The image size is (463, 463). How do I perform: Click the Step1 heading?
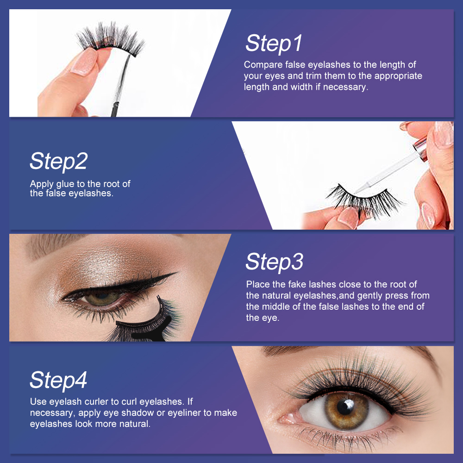[x=274, y=44]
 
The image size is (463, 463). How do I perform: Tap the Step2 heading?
[x=58, y=162]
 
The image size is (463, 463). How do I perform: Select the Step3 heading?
[x=274, y=262]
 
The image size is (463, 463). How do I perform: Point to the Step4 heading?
[x=58, y=380]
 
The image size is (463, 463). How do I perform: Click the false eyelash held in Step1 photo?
[x=111, y=40]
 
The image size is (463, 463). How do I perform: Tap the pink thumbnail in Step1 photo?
[x=84, y=62]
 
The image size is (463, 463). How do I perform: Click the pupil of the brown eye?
[x=345, y=407]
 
